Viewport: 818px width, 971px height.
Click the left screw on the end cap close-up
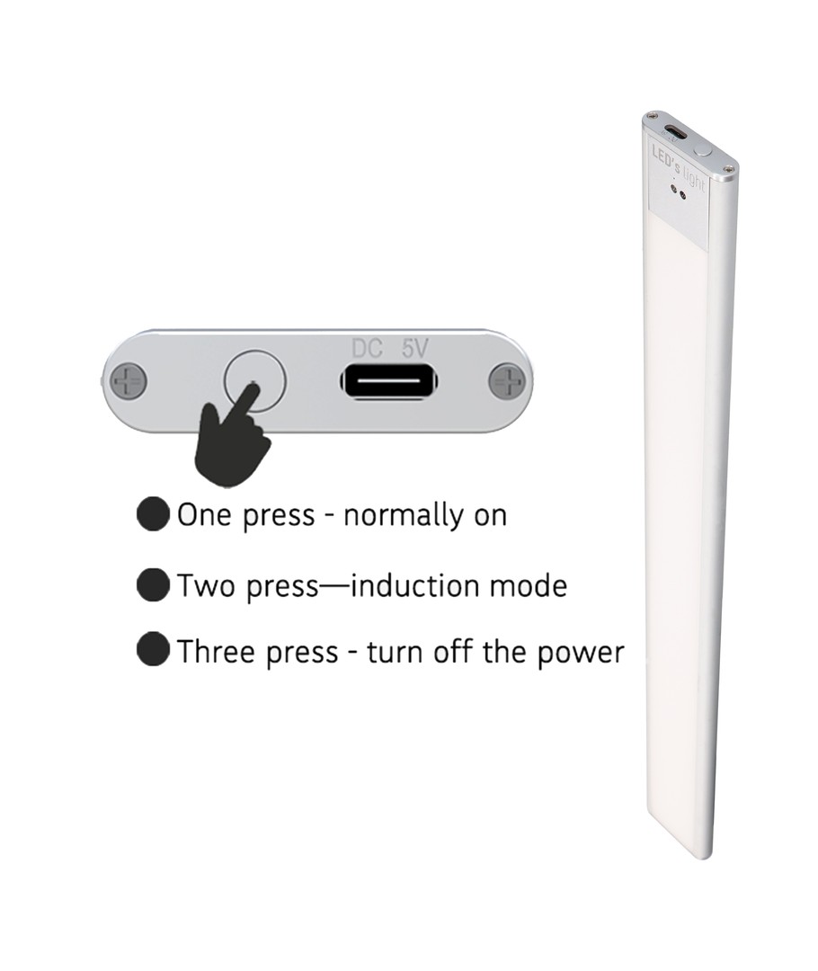click(129, 380)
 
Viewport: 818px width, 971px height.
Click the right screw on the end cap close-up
click(507, 382)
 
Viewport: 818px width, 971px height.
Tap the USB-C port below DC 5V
click(389, 381)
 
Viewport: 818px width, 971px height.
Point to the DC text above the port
click(367, 349)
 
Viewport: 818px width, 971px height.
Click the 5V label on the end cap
click(414, 349)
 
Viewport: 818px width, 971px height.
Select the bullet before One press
click(153, 514)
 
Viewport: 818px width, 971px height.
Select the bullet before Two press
click(153, 585)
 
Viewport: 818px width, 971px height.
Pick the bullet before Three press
click(153, 650)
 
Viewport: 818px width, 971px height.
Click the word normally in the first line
click(402, 516)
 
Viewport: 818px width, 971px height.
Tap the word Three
click(215, 651)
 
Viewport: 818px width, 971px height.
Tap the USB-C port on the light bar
click(672, 132)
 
